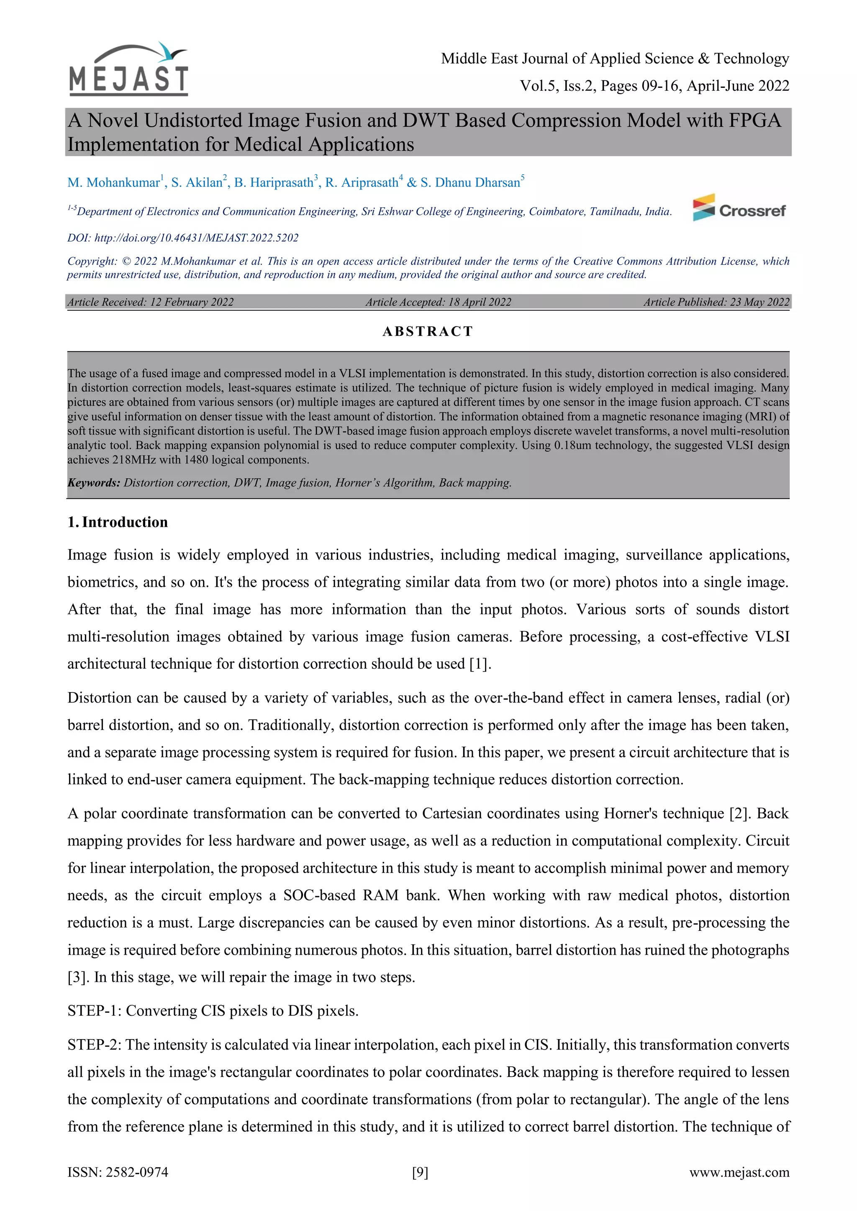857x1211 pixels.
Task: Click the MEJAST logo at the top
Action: click(x=128, y=69)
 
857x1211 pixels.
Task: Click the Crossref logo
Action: click(x=740, y=208)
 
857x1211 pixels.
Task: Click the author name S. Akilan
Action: click(x=198, y=182)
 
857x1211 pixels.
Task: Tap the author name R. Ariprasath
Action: click(x=362, y=182)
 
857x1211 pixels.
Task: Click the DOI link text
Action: click(x=196, y=238)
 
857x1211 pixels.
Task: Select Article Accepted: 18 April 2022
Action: click(x=438, y=302)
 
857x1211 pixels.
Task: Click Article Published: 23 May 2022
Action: click(x=716, y=302)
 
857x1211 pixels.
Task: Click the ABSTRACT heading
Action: click(x=428, y=331)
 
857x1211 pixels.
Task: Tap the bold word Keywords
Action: click(x=94, y=483)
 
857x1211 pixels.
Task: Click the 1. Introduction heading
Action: click(x=118, y=522)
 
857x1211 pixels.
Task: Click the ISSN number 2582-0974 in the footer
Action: click(x=137, y=1173)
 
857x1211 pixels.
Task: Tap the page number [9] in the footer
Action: click(x=420, y=1173)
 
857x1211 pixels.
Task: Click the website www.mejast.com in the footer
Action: click(x=739, y=1173)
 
